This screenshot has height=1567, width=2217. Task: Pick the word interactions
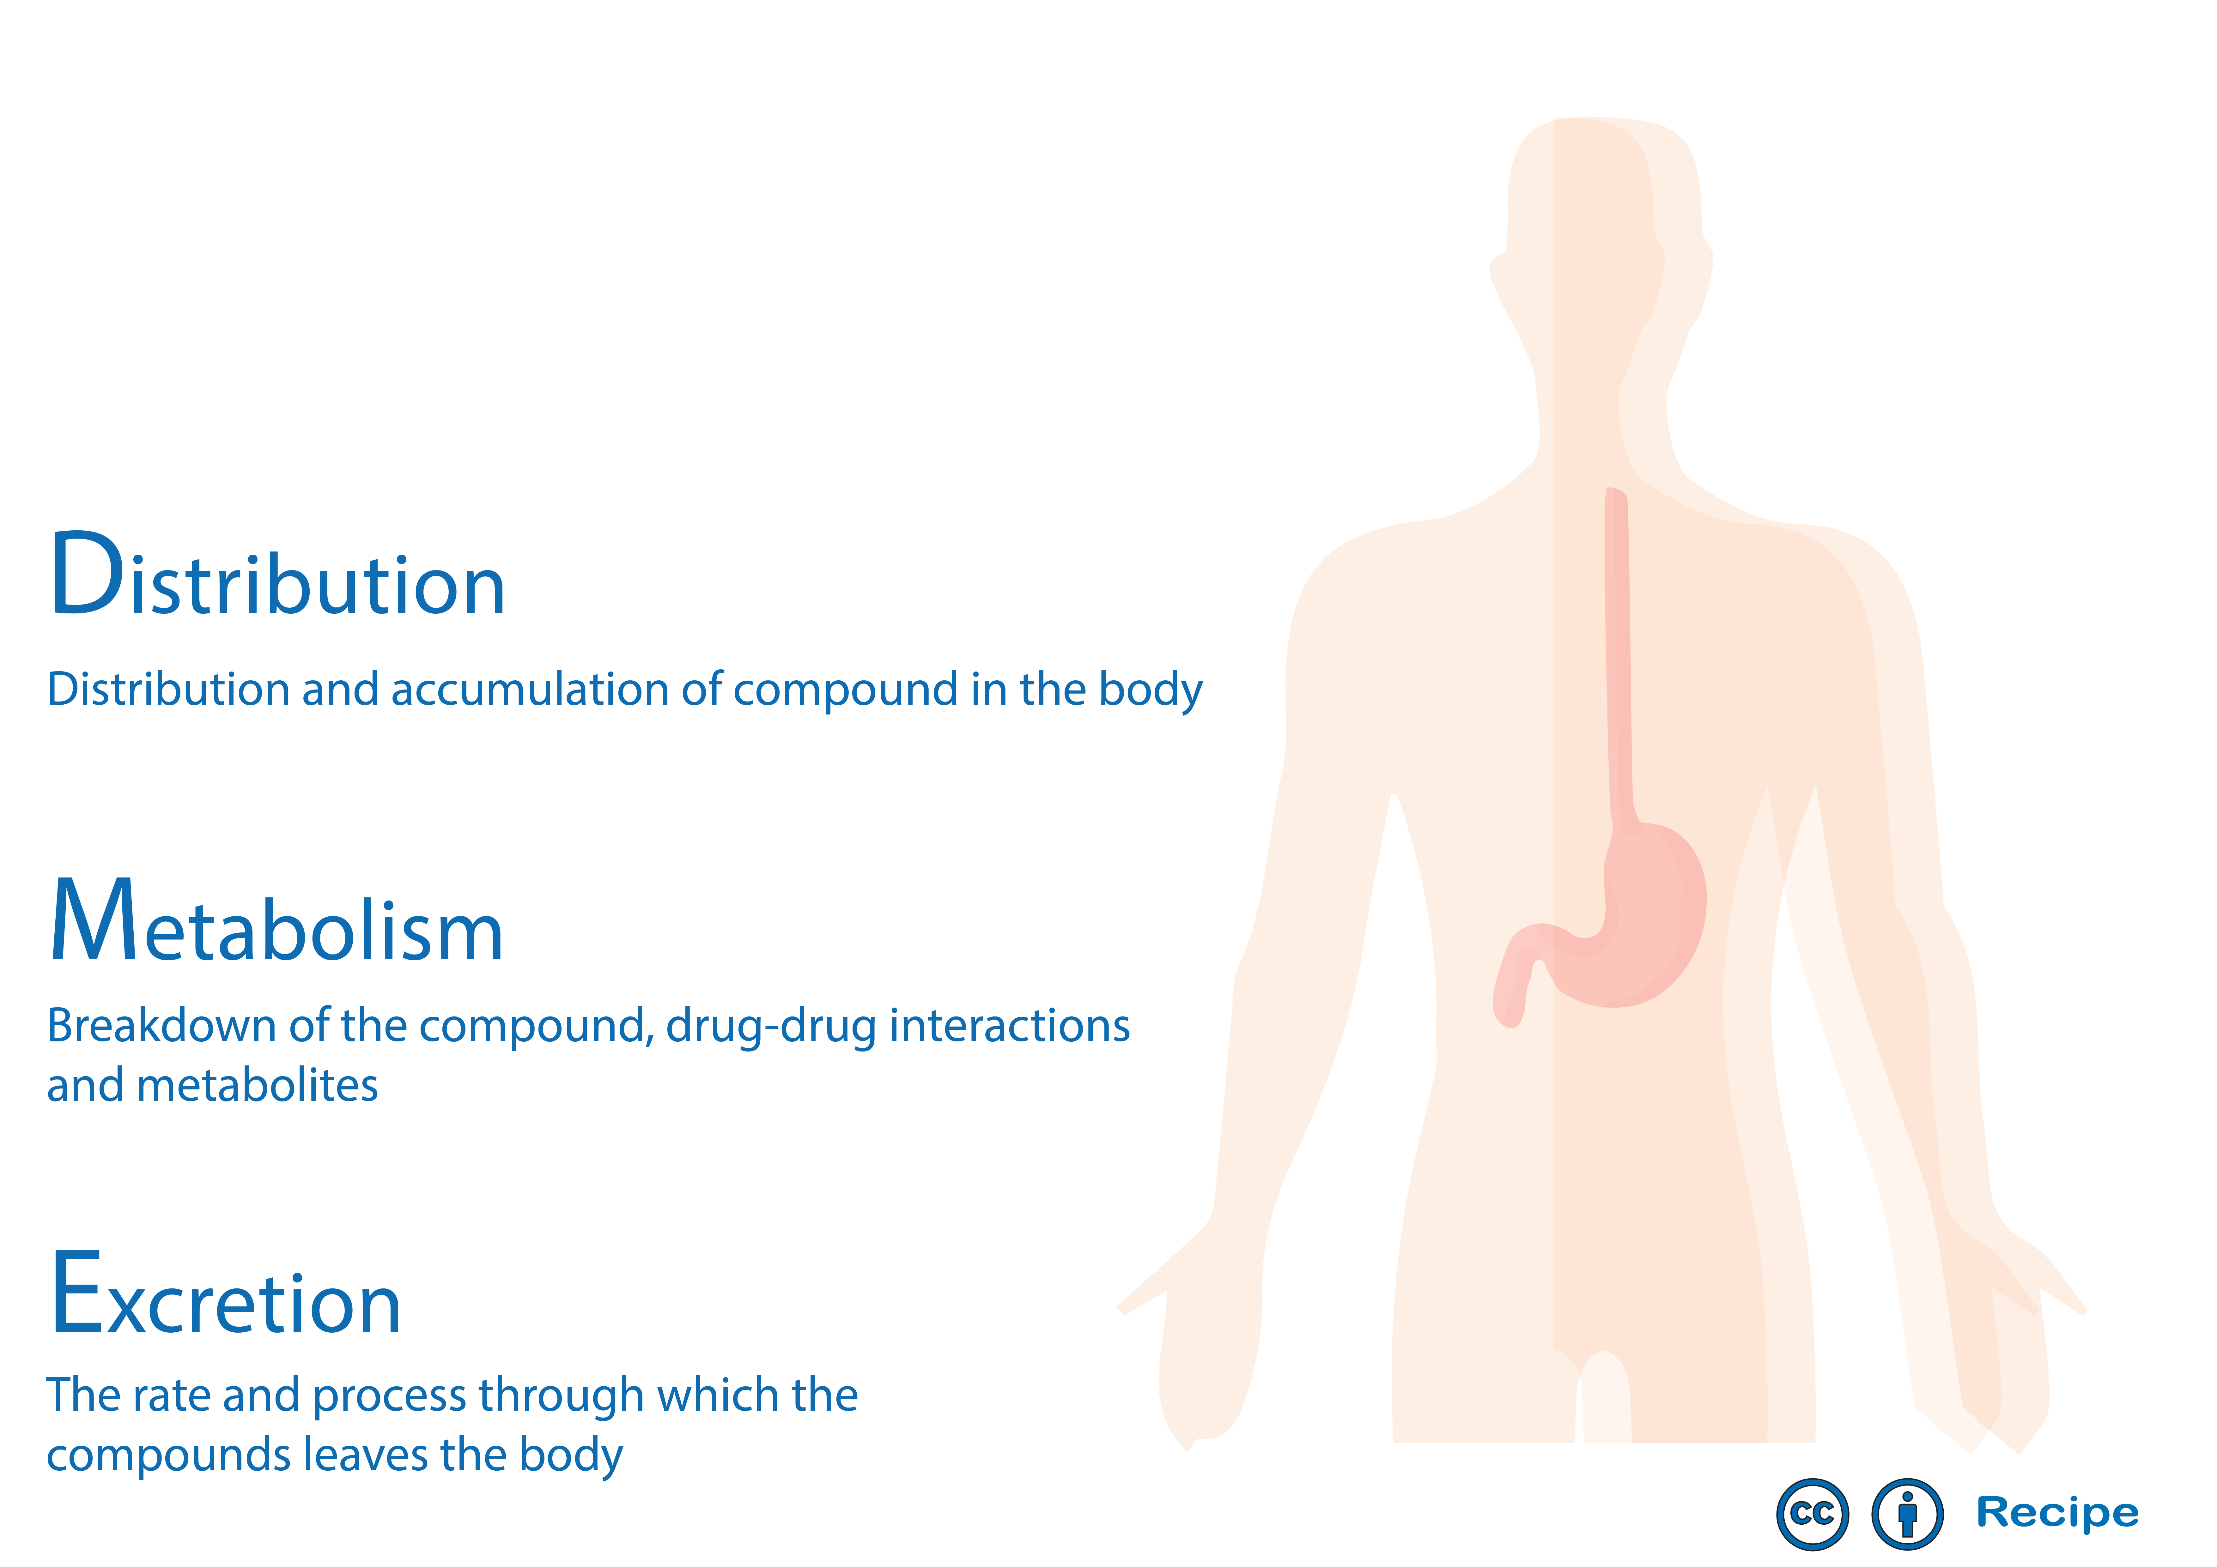(1009, 1025)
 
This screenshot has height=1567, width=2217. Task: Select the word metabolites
(257, 1085)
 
